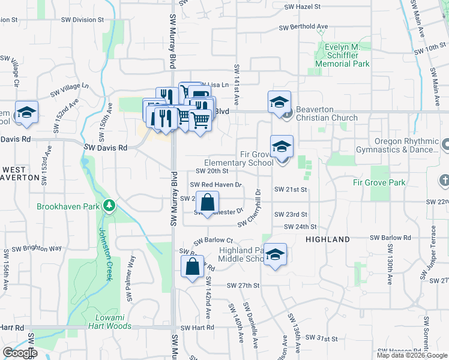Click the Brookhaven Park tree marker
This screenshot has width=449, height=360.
[109, 206]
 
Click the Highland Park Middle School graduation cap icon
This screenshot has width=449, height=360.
[276, 254]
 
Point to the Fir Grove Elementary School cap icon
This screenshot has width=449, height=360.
[280, 145]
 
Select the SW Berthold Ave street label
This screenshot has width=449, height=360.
[303, 27]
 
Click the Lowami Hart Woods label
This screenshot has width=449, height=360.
[113, 322]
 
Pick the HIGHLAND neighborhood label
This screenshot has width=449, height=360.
[328, 239]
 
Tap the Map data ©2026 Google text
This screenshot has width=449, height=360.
[412, 355]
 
